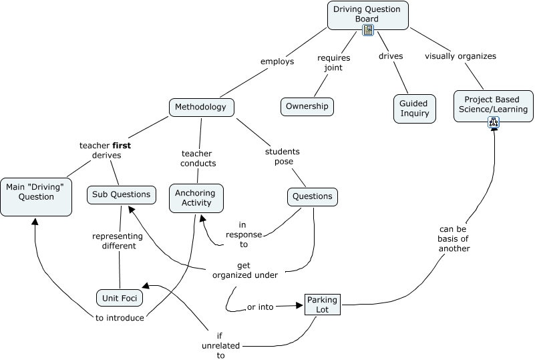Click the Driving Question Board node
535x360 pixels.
[367, 14]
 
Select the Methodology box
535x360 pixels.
[200, 107]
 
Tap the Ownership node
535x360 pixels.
[307, 106]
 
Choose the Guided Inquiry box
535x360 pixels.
[414, 109]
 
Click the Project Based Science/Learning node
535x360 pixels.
[494, 104]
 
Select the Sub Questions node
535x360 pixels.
[122, 195]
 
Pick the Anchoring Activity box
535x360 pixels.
[196, 198]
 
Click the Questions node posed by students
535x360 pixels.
[312, 196]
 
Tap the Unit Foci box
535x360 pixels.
[119, 298]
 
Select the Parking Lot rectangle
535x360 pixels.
[323, 305]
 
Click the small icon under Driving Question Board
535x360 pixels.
[367, 30]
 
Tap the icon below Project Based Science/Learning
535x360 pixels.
[494, 122]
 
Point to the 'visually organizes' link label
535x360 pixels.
[460, 56]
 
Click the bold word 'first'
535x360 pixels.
[121, 145]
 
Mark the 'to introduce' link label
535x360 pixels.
[120, 318]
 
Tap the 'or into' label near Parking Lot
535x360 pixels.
[260, 307]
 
